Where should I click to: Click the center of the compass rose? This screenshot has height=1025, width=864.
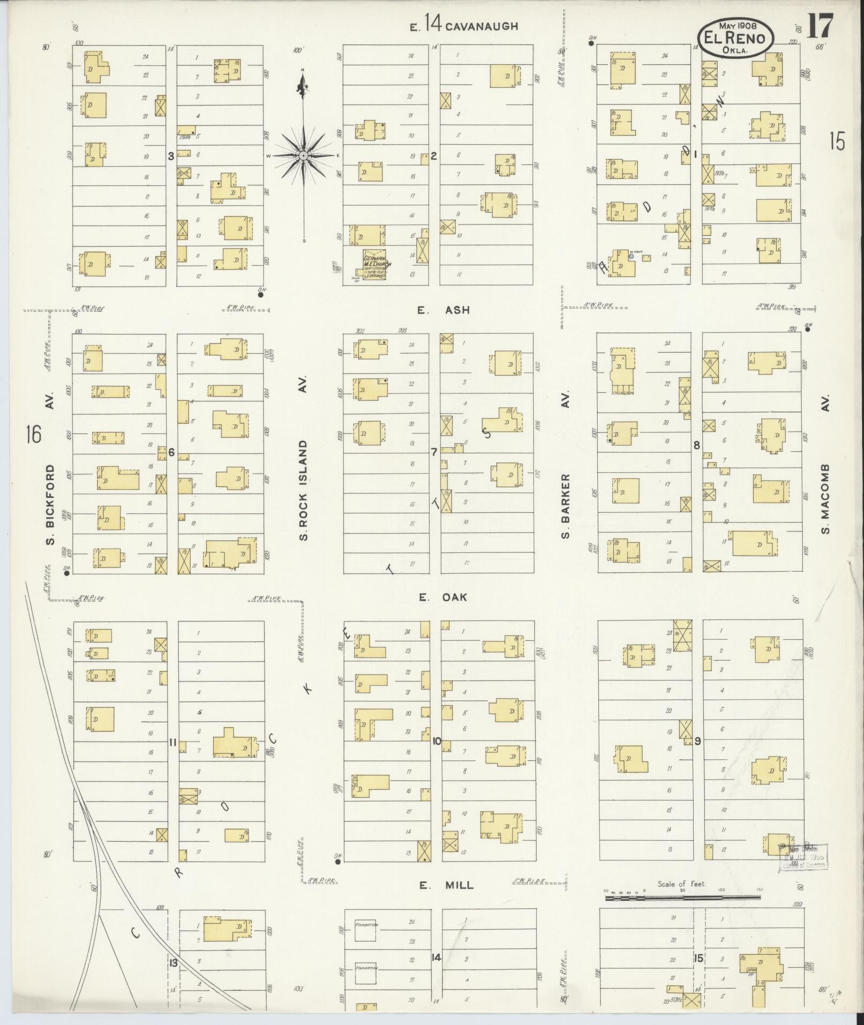click(x=303, y=155)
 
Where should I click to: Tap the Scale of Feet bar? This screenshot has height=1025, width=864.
click(x=683, y=896)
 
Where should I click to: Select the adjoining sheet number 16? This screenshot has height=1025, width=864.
click(x=33, y=434)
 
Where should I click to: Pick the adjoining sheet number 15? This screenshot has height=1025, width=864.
click(x=837, y=142)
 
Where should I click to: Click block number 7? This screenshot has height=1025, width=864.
click(x=434, y=452)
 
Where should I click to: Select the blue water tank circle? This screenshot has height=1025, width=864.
click(x=631, y=257)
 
